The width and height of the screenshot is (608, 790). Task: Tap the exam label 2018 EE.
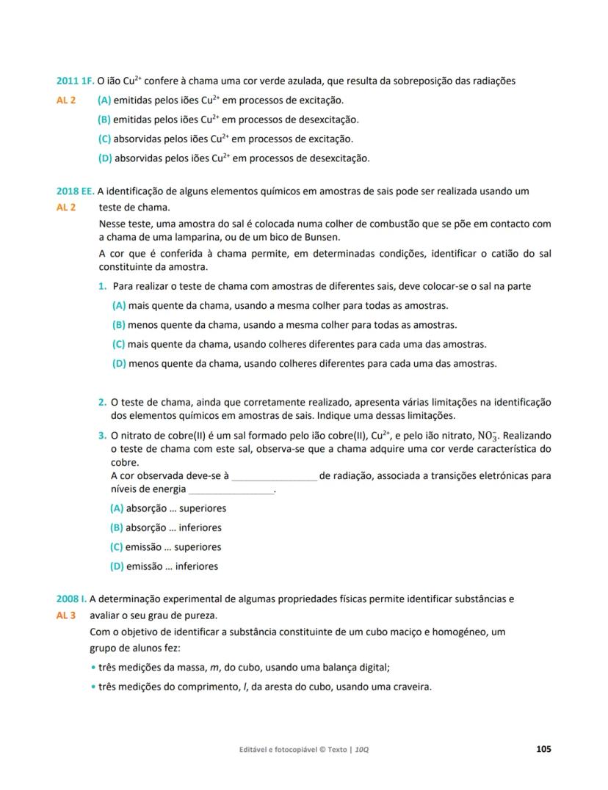(x=75, y=191)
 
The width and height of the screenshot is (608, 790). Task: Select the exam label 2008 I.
(x=71, y=599)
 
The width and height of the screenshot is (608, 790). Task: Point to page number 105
(x=543, y=749)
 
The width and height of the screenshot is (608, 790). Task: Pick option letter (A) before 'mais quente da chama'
(x=118, y=306)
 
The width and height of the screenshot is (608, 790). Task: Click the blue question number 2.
(x=102, y=402)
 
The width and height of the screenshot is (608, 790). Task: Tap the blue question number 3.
(x=102, y=436)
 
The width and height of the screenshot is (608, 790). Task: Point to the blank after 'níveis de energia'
(x=231, y=491)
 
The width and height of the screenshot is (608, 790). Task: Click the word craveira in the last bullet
(x=411, y=687)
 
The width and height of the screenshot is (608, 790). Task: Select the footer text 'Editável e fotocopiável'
(x=282, y=750)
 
